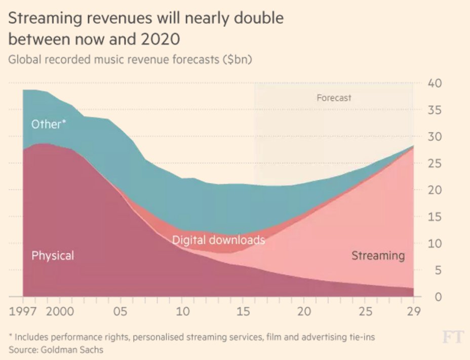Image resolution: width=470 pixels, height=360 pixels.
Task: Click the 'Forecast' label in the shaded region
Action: (x=334, y=98)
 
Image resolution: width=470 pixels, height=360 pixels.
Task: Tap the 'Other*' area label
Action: (x=49, y=124)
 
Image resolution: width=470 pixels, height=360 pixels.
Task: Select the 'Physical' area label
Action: (x=53, y=256)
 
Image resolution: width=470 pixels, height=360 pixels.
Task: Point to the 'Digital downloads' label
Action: (x=218, y=239)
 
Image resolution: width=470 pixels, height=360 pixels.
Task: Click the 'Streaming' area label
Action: (x=378, y=255)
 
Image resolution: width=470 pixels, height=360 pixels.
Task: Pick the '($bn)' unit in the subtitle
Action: (x=237, y=59)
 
